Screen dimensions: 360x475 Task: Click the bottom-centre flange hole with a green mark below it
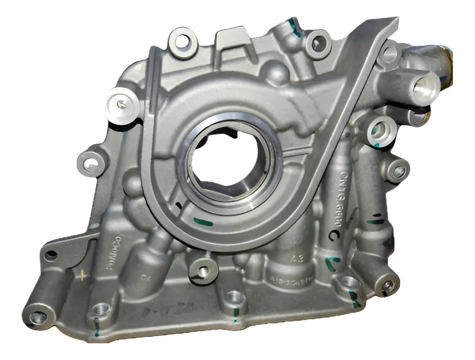pos(233,297)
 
